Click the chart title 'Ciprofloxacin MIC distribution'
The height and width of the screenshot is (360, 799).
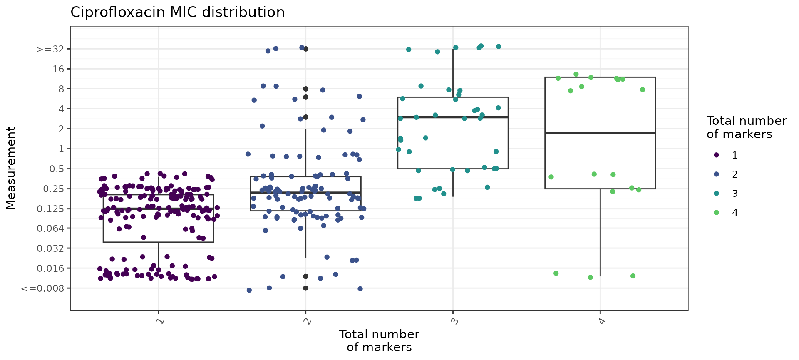(177, 12)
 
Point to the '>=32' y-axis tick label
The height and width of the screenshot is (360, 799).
(50, 49)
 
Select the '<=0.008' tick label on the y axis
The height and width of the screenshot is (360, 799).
(43, 288)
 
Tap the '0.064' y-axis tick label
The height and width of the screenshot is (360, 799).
(51, 228)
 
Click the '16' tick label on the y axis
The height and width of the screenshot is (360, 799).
(59, 69)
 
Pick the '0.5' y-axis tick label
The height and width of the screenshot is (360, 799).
(57, 169)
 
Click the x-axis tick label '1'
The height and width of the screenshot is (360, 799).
(159, 321)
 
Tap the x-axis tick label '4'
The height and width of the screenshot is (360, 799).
(600, 321)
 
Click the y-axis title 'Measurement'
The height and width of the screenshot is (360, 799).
(11, 168)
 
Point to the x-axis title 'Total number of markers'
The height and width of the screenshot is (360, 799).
(379, 340)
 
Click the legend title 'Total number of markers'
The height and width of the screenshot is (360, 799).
(746, 127)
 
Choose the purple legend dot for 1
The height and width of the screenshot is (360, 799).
(716, 155)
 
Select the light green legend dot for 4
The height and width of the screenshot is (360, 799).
(716, 213)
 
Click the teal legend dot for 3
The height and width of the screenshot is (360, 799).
(716, 194)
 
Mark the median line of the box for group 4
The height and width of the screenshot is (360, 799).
(600, 133)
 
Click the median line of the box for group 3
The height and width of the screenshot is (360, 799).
(453, 117)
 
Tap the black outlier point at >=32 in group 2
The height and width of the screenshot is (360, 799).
(306, 49)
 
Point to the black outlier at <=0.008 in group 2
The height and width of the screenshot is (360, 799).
(306, 288)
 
